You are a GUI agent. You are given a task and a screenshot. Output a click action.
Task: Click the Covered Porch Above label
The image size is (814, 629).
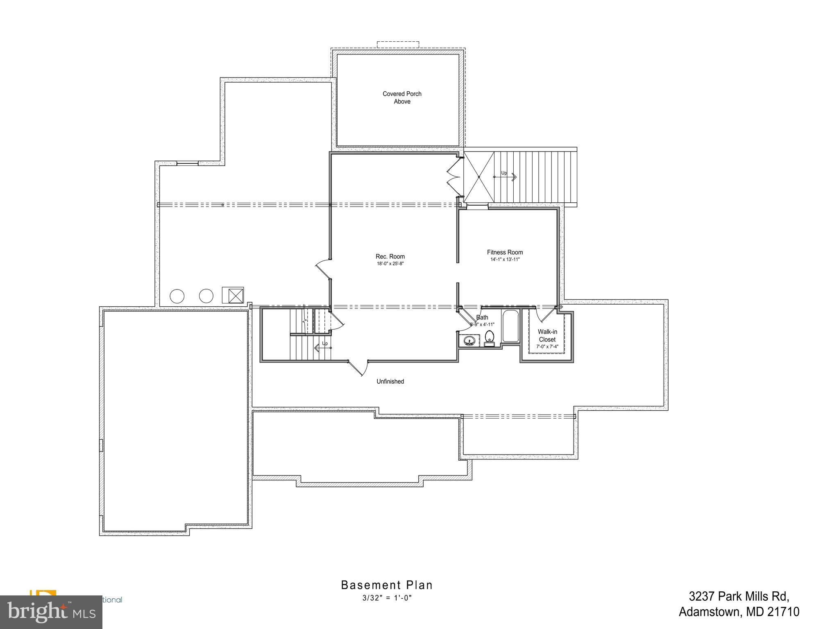(x=402, y=97)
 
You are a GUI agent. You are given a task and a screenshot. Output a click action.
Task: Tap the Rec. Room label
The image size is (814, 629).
(x=390, y=256)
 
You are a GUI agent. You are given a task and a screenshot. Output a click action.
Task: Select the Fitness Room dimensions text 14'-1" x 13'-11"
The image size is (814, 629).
(x=505, y=260)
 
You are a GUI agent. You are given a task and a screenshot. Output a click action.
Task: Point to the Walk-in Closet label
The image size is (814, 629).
(x=547, y=336)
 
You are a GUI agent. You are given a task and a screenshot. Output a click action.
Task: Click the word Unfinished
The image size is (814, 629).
(x=390, y=381)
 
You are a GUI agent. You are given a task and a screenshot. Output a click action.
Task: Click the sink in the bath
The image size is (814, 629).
(x=469, y=340)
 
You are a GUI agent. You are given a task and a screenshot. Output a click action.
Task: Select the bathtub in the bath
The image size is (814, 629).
(x=510, y=326)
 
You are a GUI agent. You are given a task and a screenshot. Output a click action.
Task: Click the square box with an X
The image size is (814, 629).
(x=233, y=295)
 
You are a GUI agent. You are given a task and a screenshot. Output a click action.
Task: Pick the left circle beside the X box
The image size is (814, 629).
(x=177, y=296)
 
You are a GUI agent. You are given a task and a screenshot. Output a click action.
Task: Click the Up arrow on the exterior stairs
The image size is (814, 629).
(x=508, y=176)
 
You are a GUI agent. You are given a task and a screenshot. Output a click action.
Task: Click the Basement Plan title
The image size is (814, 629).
(x=387, y=585)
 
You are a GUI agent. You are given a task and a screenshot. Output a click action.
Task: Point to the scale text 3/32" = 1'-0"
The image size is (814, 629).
(x=387, y=598)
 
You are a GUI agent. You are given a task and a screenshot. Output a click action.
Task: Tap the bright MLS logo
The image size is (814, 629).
(x=51, y=612)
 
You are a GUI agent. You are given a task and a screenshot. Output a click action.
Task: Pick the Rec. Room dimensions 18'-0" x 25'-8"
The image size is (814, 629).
(x=390, y=264)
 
